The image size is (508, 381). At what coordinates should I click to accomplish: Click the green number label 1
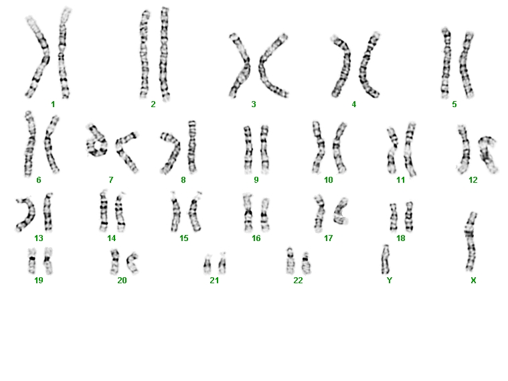[53, 104]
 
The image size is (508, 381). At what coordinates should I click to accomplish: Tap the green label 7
[111, 179]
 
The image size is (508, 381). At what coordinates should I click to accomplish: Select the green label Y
[390, 280]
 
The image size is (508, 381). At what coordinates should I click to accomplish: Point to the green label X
[473, 280]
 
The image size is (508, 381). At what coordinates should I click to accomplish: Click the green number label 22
[298, 280]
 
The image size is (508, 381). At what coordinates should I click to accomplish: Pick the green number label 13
[39, 238]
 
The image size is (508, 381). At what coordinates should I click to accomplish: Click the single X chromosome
[471, 242]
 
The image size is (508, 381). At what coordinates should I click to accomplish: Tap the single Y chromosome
[386, 259]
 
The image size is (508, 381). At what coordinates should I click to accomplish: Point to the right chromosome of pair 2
[164, 54]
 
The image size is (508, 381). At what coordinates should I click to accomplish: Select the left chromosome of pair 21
[207, 264]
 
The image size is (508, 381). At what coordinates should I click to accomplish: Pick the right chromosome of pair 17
[340, 212]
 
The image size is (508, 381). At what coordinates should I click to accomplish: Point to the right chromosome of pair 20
[132, 262]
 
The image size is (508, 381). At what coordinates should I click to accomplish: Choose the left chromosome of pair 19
[31, 260]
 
